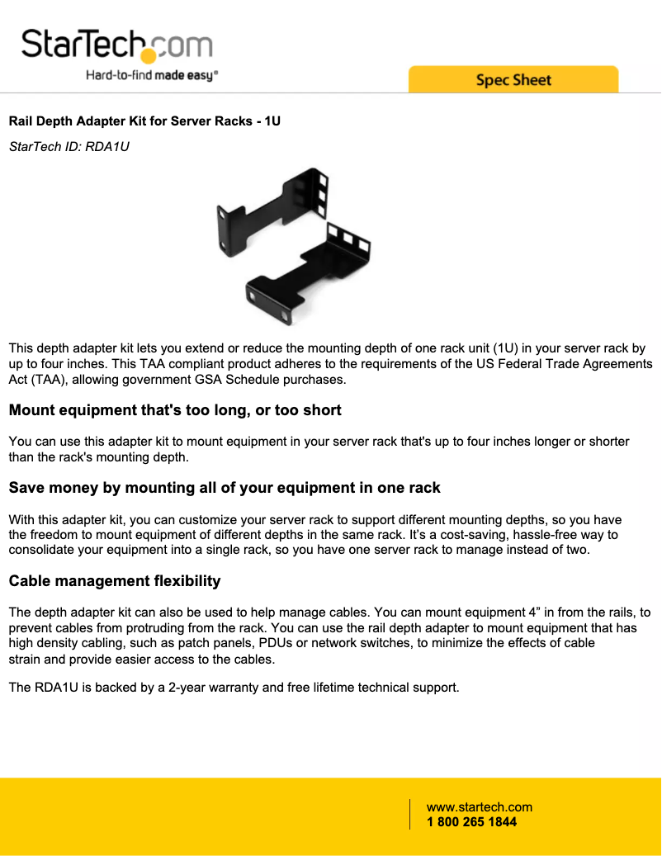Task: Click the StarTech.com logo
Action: [116, 45]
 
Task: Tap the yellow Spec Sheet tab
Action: [513, 80]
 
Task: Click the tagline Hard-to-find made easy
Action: [152, 75]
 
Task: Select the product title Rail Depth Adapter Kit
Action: [144, 121]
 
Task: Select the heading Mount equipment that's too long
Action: [174, 410]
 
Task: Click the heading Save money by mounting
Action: [224, 488]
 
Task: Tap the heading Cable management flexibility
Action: [114, 581]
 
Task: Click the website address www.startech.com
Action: [479, 807]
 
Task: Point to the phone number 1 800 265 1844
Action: [471, 822]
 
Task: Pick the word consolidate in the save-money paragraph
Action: [40, 551]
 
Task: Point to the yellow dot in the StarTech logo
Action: [148, 56]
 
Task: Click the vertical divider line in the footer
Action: [410, 814]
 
